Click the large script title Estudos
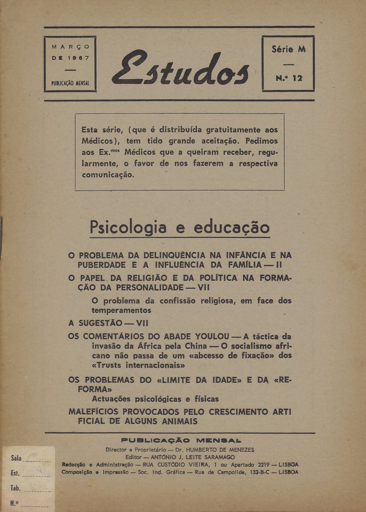tap(181, 69)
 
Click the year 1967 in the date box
tap(76, 58)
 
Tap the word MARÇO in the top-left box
tap(70, 47)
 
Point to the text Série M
tap(288, 49)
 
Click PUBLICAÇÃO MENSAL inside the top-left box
tap(70, 84)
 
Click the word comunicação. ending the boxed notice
tap(108, 175)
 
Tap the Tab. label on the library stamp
tap(16, 489)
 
